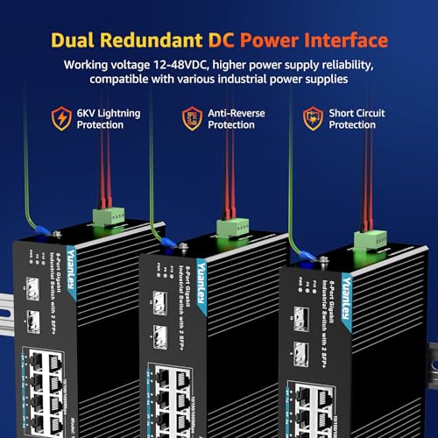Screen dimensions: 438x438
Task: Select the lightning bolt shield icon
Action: [62, 118]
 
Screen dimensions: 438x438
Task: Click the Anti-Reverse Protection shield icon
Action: [191, 118]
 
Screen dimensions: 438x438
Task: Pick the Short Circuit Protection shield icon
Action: [311, 118]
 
